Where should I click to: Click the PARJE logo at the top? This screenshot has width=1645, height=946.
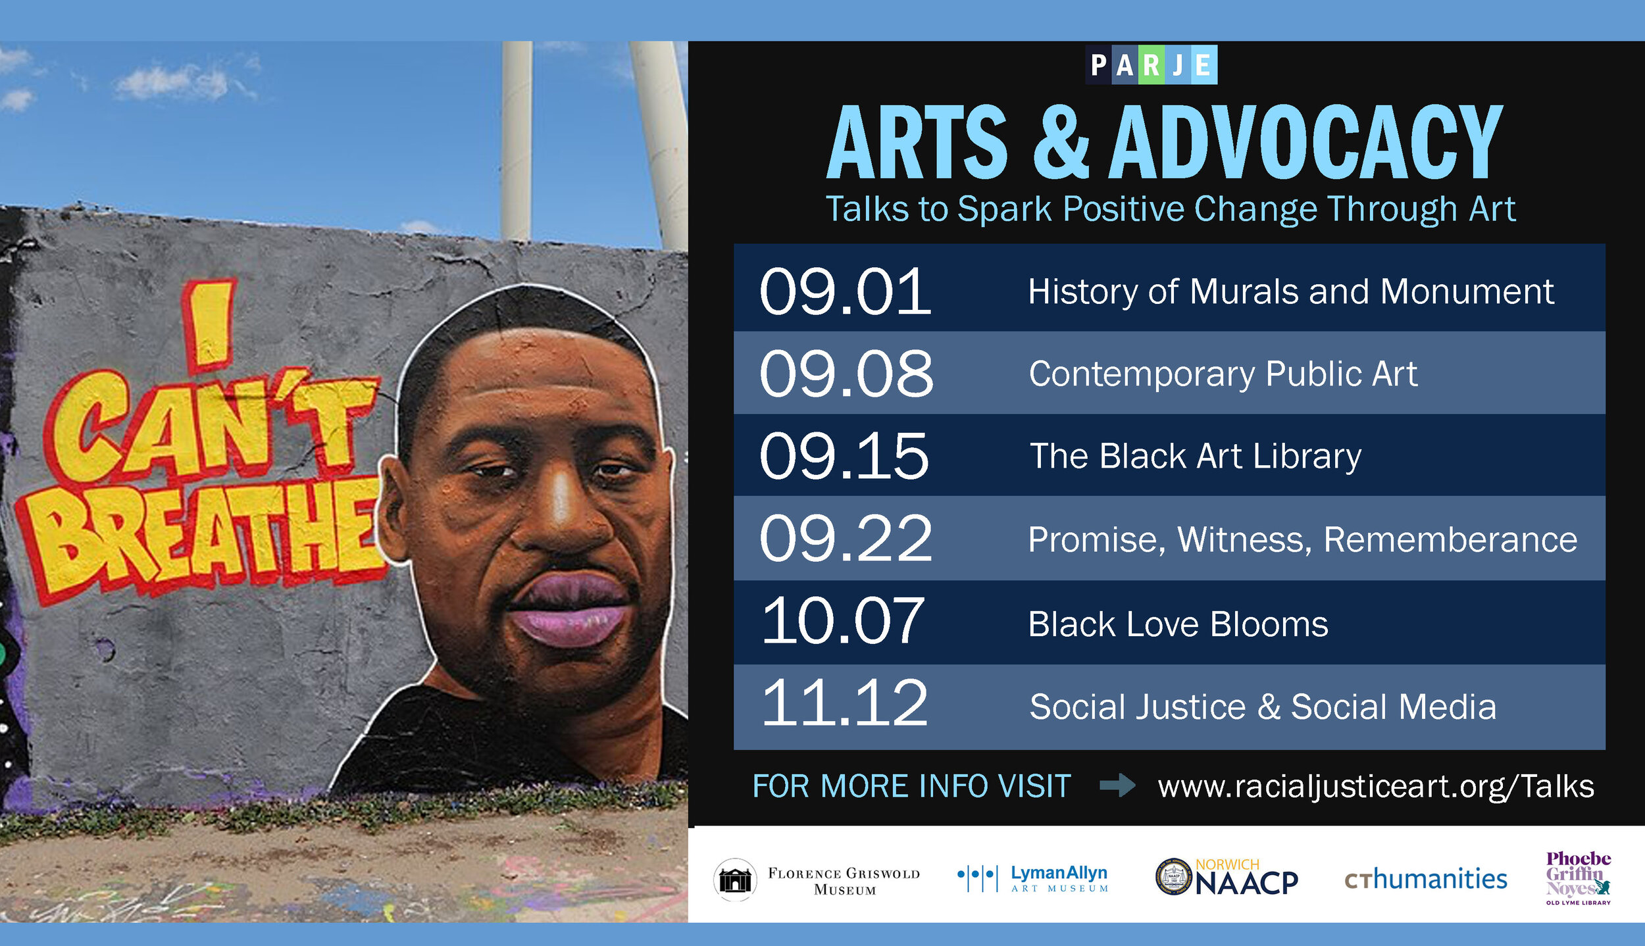1151,64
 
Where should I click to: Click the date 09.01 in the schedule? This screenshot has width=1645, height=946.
846,291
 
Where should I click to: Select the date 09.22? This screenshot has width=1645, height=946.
846,539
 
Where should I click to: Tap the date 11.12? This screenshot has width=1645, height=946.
844,703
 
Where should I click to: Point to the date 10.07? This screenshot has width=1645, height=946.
843,620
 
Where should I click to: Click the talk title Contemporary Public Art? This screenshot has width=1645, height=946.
1223,374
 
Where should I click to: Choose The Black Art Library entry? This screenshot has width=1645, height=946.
1195,456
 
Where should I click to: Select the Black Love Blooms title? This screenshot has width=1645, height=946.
1178,624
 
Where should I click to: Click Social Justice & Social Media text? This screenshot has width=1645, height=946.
1263,707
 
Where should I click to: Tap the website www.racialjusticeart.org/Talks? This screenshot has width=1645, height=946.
1376,786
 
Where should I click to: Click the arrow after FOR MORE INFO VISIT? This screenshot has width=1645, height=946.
1117,785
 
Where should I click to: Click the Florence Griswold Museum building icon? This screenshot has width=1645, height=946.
735,880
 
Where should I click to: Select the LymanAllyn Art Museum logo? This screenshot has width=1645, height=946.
1033,879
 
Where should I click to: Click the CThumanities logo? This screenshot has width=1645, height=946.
1426,880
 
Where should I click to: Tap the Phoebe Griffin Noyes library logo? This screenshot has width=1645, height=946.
1578,878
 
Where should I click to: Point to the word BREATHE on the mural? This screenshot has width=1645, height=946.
204,536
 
